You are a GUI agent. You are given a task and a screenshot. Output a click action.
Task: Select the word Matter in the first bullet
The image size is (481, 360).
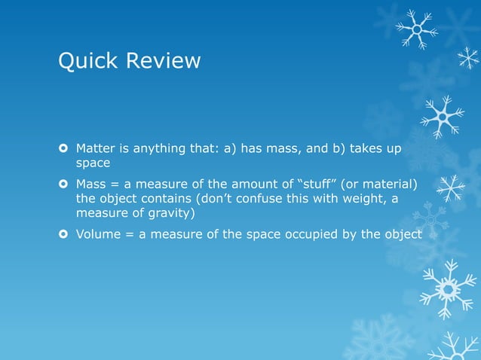[x=97, y=148]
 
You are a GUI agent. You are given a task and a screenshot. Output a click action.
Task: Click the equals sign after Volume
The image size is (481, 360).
[x=131, y=233]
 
